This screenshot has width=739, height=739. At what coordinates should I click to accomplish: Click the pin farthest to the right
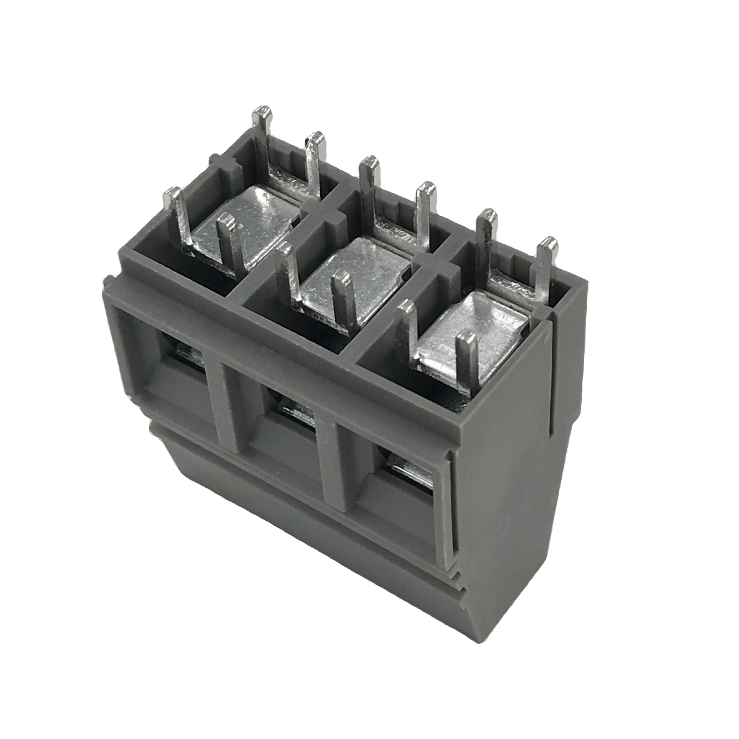tap(545, 268)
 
